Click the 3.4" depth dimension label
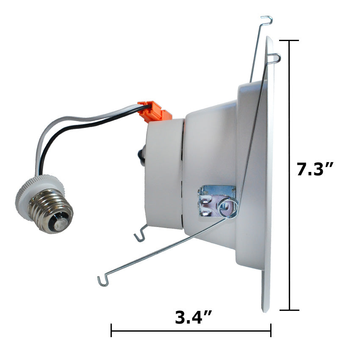pos(193,317)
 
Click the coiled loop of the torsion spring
pos(228,208)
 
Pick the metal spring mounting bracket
pos(216,201)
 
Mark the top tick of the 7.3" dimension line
pos(289,40)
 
